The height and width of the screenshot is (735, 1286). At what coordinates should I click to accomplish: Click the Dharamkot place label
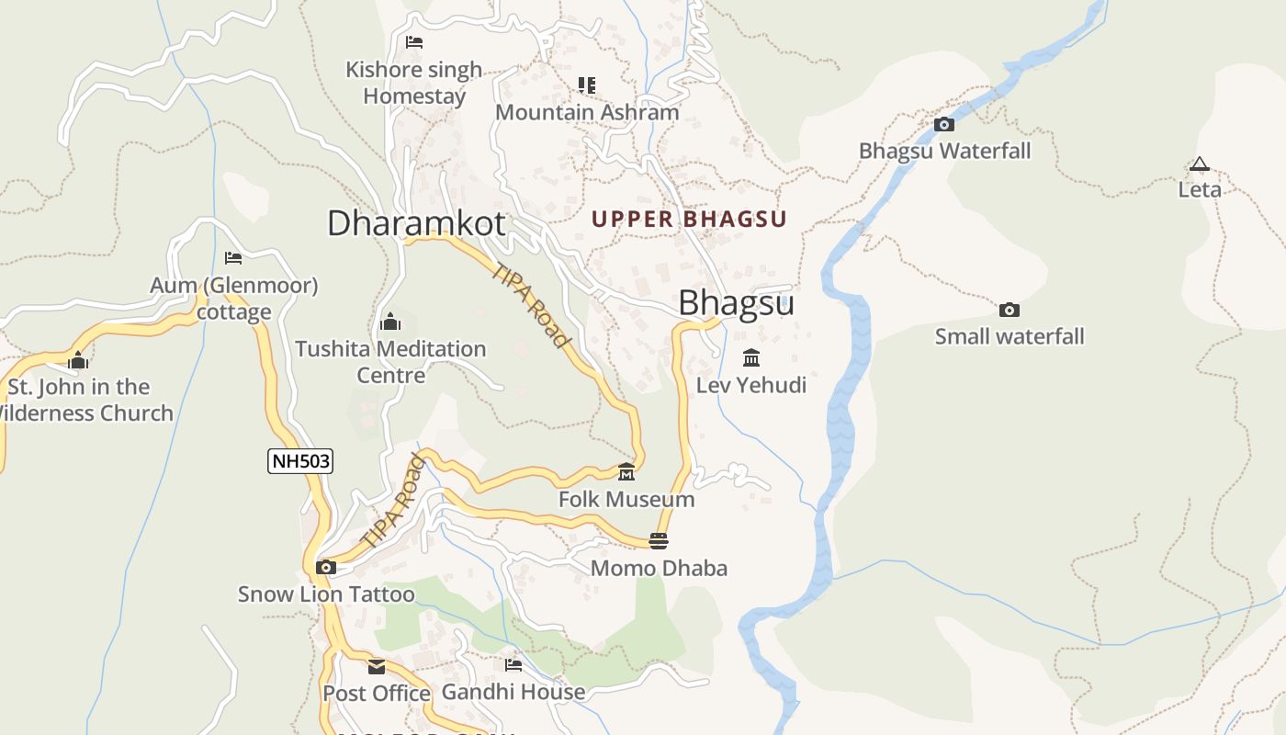416,223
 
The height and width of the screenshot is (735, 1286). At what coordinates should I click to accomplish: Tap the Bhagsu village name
736,303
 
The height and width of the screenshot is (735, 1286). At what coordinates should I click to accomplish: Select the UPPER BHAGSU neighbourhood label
689,220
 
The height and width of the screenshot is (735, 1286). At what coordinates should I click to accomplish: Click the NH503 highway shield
300,461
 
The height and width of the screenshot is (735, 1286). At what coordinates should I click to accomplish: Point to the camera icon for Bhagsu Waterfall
943,125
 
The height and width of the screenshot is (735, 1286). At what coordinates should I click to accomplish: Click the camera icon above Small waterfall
1009,311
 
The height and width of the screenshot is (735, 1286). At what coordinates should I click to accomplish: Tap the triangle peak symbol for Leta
1199,165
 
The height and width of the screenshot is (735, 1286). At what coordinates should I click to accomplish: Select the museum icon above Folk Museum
626,472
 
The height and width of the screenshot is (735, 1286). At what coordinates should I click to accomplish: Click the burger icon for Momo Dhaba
658,541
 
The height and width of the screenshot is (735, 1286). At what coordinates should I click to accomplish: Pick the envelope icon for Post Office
377,667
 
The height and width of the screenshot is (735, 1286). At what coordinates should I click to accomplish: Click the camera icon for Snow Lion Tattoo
325,568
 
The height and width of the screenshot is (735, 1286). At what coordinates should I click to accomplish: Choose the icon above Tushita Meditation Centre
389,322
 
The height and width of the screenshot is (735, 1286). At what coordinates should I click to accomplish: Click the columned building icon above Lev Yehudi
751,357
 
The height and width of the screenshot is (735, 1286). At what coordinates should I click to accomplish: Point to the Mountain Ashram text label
587,112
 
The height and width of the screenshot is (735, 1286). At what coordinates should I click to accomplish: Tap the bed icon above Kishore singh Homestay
413,42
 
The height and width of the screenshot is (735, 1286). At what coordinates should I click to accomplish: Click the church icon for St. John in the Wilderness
78,360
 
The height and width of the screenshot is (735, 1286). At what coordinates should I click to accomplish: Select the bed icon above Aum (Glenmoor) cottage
233,259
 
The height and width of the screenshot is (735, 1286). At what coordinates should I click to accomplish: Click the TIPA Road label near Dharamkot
531,306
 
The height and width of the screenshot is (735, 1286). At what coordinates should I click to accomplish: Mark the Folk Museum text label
626,500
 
